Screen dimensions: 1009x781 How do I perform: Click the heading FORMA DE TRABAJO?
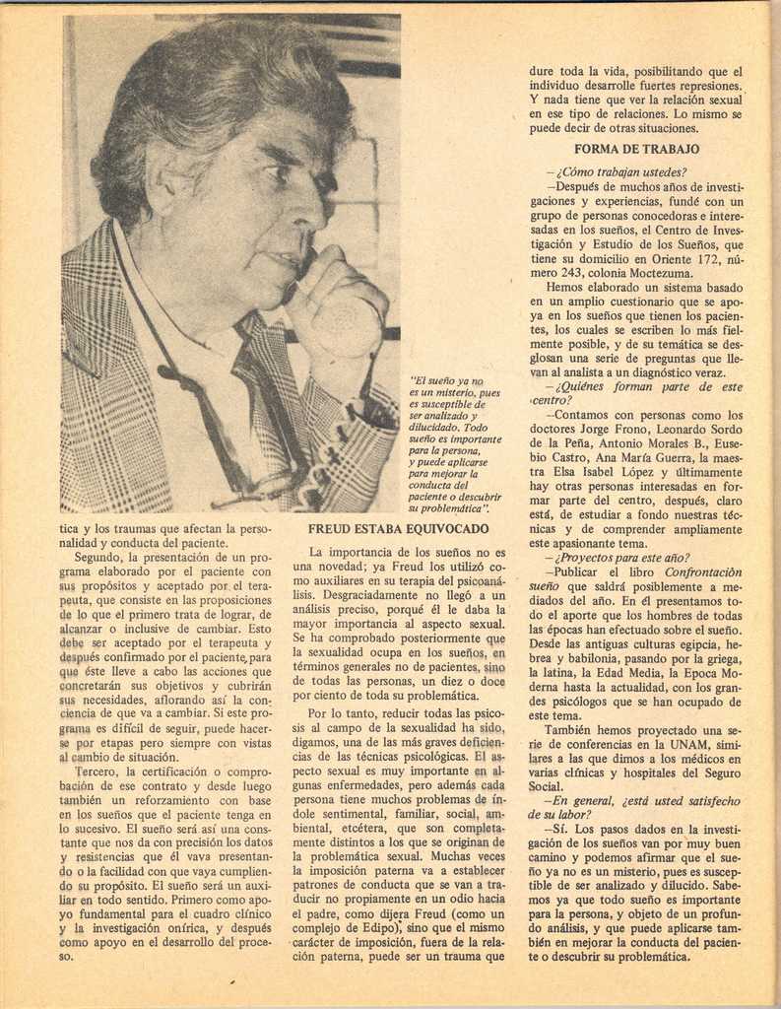(636, 149)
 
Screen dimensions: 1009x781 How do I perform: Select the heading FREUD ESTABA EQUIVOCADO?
(398, 529)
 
